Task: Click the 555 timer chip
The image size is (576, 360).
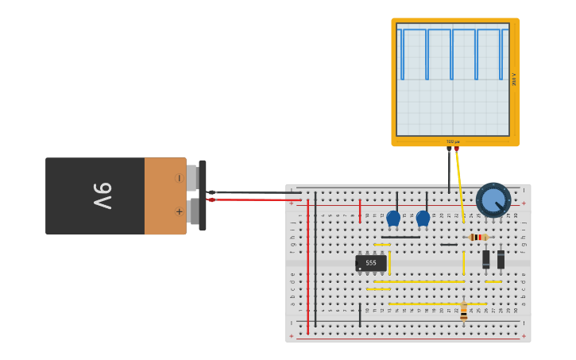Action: point(371,262)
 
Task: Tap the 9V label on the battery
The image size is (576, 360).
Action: point(102,195)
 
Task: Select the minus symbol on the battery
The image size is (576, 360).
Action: point(180,178)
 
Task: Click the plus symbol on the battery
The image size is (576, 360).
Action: point(180,211)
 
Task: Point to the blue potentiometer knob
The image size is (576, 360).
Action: point(493,199)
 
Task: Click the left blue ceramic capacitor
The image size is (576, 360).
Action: point(393,218)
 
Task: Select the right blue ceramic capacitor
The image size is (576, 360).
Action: point(423,218)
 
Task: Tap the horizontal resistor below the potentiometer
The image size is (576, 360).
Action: point(477,237)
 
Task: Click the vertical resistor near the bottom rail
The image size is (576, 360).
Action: point(464,312)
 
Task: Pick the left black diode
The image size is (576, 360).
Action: point(486,259)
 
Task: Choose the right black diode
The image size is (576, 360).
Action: point(501,259)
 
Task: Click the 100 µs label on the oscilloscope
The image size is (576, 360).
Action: point(453,141)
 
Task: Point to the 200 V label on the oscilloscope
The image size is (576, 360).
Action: point(514,79)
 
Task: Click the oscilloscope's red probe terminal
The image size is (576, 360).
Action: point(456,149)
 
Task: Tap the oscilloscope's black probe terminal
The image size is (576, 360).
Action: point(449,149)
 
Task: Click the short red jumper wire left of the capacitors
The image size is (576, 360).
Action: point(360,211)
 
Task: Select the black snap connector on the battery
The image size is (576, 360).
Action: point(203,195)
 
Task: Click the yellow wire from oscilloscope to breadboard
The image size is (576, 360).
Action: point(460,179)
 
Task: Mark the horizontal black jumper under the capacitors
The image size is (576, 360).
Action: point(400,237)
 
